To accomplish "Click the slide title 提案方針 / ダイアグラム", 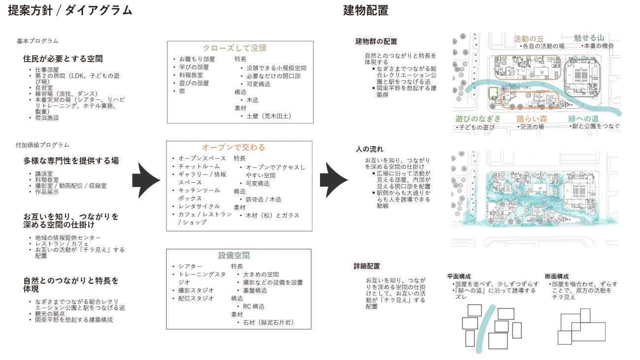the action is point(70,10).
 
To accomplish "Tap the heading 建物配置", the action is point(366,10).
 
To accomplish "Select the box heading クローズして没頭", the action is point(234,48).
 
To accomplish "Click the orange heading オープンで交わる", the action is point(233,147).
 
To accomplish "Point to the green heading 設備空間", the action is point(234,255).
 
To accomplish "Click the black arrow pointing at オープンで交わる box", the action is point(146,180).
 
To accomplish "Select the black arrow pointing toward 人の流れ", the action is point(334,180).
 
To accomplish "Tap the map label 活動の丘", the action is point(529,38).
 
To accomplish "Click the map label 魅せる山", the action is point(589,38).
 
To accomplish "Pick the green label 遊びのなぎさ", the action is point(478,119).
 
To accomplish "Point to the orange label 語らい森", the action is point(532,119).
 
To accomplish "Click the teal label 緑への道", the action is point(583,119).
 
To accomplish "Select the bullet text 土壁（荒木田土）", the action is point(269,116).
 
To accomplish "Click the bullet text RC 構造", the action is point(254,307).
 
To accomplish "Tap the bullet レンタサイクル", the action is point(199,206).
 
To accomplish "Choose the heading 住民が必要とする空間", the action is point(63,59).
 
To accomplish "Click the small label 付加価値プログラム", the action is point(42,145).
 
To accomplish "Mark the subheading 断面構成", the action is point(557,276).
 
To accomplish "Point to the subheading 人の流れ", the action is point(369,149).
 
